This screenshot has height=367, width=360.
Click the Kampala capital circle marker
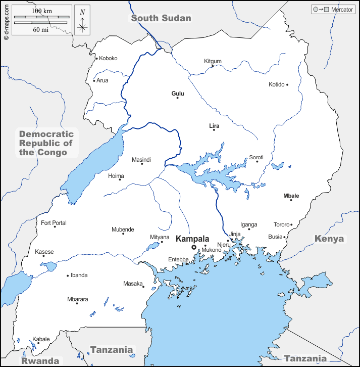pyautogui.click(x=193, y=247)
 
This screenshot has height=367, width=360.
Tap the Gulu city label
pyautogui.click(x=178, y=94)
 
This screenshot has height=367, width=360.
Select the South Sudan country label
pyautogui.click(x=161, y=18)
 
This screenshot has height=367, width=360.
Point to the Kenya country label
pyautogui.click(x=329, y=239)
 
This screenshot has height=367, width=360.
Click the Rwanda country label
pyautogui.click(x=39, y=361)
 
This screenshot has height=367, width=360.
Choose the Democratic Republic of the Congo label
pyautogui.click(x=46, y=143)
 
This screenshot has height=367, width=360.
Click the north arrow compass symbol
pyautogui.click(x=82, y=21)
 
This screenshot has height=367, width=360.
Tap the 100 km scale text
pyautogui.click(x=41, y=11)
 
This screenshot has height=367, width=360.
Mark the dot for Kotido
pyautogui.click(x=287, y=84)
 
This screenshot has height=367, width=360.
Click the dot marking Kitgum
pyautogui.click(x=213, y=66)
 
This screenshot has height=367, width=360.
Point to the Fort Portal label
pyautogui.click(x=54, y=223)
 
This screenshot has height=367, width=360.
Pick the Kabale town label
pyautogui.click(x=41, y=339)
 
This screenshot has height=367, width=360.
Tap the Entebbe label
pyautogui.click(x=178, y=260)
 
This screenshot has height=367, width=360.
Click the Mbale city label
pyautogui.click(x=291, y=196)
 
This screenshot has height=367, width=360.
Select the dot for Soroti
pyautogui.click(x=256, y=161)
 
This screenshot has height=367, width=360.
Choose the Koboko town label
pyautogui.click(x=108, y=58)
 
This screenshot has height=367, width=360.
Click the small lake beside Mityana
pyautogui.click(x=152, y=247)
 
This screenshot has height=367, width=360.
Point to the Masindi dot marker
pyautogui.click(x=142, y=163)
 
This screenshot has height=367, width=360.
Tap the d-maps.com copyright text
pyautogui.click(x=6, y=21)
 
